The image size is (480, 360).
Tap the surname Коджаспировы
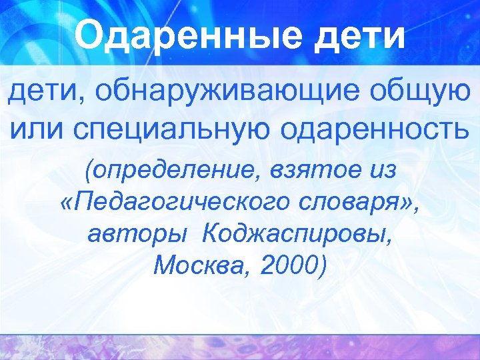point(297,235)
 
